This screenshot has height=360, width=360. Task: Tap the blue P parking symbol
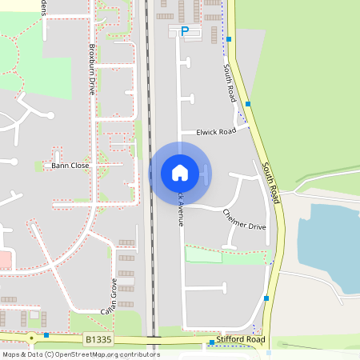pos(185,31)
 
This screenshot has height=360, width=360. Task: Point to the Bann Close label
pos(70,166)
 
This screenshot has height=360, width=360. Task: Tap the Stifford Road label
pos(240,340)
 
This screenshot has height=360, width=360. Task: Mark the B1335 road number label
pos(98,340)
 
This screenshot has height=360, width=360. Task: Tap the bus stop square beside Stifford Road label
pos(211,343)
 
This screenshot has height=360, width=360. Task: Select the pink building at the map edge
pos(4,259)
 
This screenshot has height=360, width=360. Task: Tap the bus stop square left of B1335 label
pos(47,334)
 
